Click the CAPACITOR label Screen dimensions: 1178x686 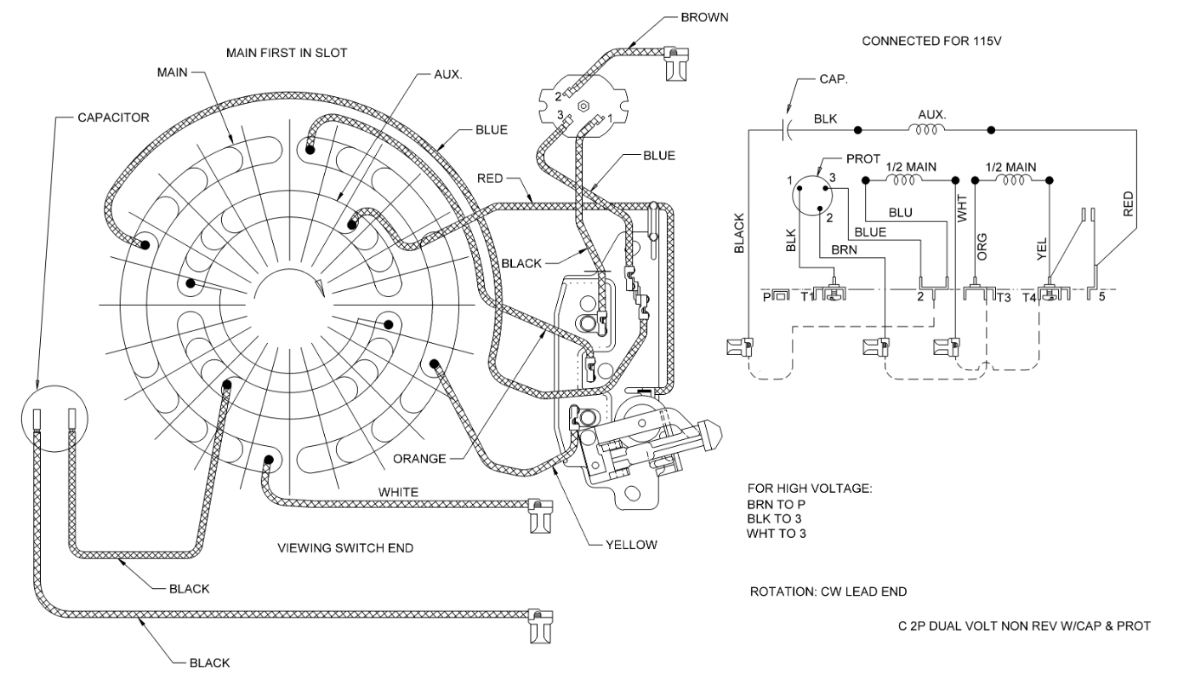pos(113,117)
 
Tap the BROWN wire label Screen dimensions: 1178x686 pos(704,17)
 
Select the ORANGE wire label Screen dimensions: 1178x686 pos(419,459)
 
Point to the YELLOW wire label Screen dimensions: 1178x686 pos(631,545)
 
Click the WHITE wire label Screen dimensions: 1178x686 pos(398,493)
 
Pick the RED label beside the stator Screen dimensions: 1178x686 pos(490,179)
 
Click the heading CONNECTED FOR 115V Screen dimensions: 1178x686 pos(931,41)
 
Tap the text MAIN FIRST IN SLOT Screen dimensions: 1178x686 pos(287,53)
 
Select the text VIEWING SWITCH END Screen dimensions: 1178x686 pos(345,548)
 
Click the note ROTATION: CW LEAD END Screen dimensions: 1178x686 pos(828,592)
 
